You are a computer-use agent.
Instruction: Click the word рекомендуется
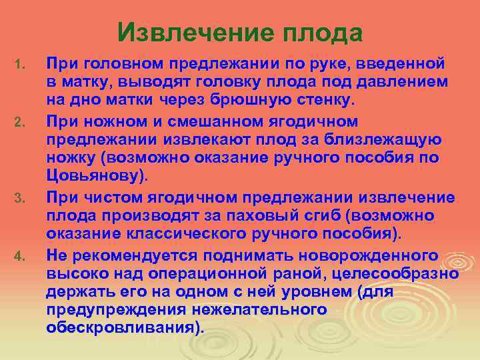pos(131,255)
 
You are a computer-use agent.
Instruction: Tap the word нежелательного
pos(263,310)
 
